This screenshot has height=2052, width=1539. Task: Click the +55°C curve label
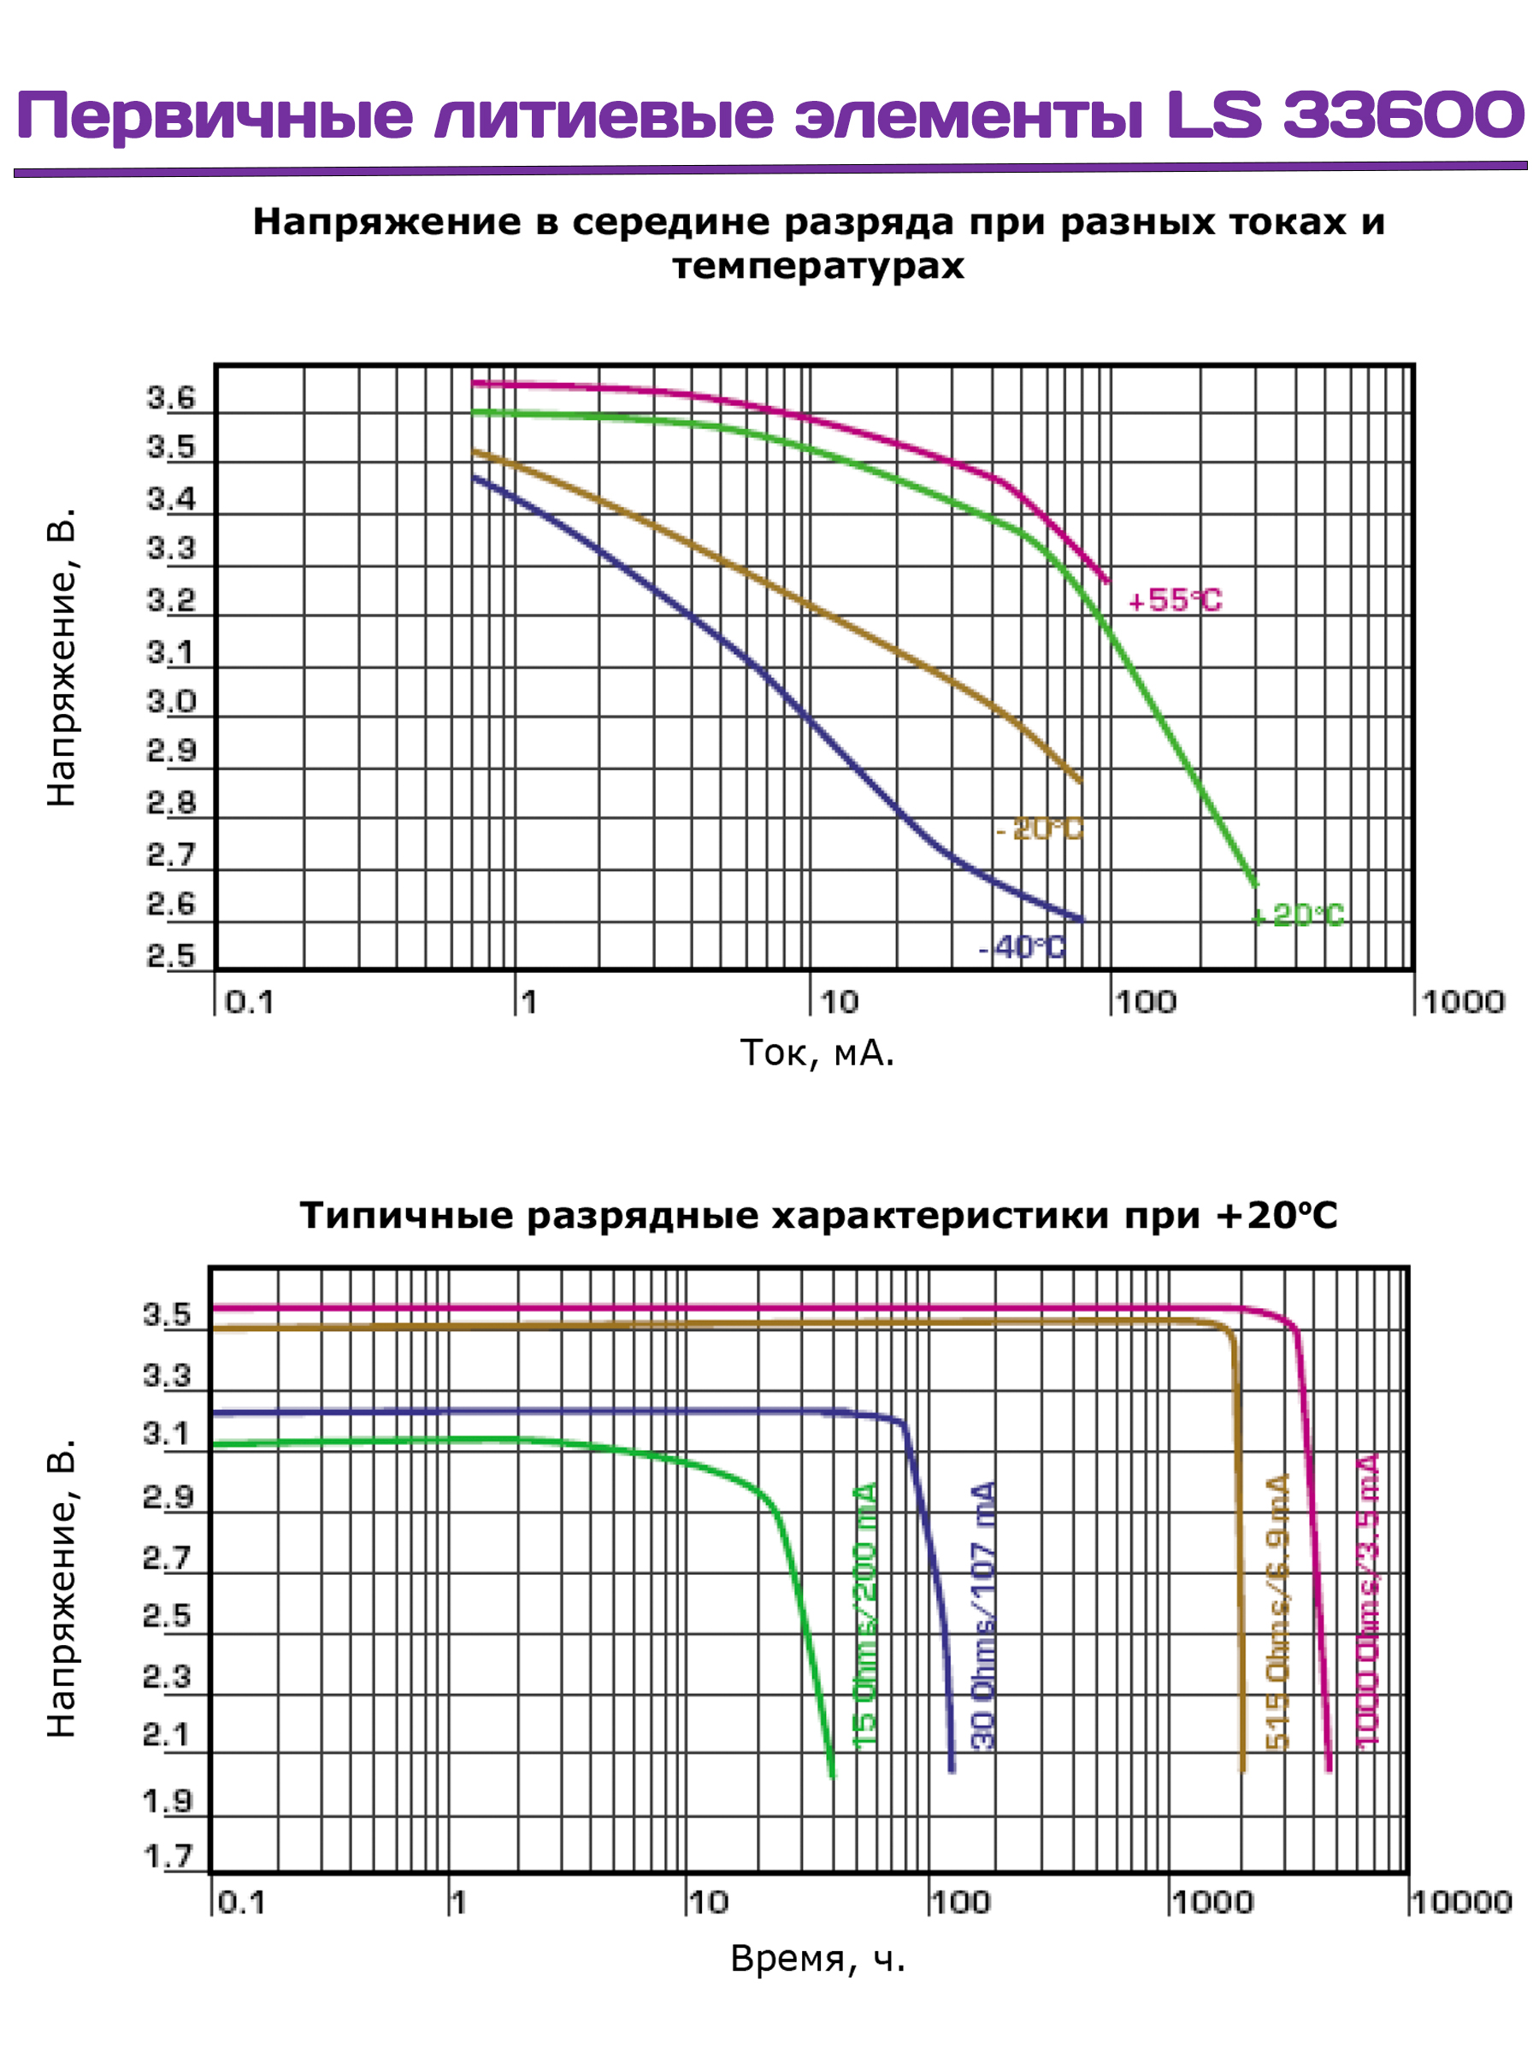[x=1175, y=600]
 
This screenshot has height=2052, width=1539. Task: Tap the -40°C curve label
[x=1023, y=947]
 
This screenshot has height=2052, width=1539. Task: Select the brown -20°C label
[x=1039, y=828]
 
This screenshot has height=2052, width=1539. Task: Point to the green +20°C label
[x=1298, y=916]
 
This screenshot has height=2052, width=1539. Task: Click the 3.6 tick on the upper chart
[x=172, y=398]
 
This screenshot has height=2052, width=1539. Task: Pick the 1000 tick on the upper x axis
[x=1463, y=1002]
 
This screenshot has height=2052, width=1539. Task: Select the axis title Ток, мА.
[x=817, y=1053]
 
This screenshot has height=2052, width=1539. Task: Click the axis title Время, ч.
[x=817, y=1958]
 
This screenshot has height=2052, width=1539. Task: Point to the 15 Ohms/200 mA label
[x=864, y=1615]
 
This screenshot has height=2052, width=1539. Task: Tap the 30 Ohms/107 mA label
[x=983, y=1615]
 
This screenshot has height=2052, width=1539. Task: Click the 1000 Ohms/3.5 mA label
[x=1368, y=1601]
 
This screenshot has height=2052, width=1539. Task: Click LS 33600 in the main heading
[x=1344, y=116]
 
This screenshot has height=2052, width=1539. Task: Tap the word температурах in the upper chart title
[x=817, y=266]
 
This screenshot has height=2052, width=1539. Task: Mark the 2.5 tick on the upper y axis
[x=172, y=957]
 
